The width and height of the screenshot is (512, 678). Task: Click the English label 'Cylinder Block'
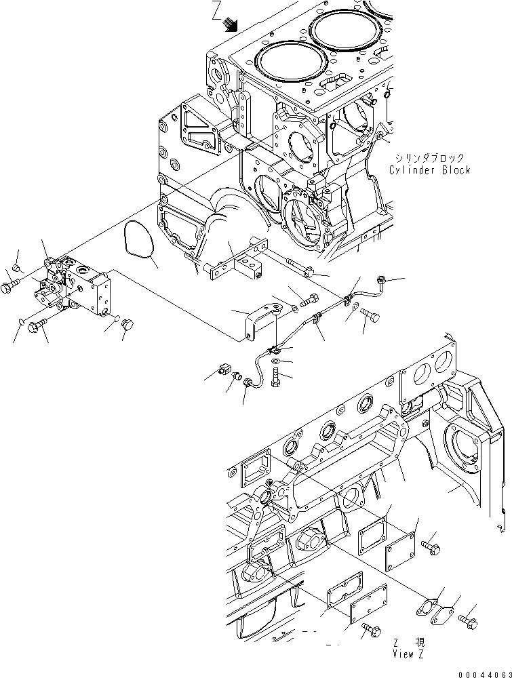pos(429,170)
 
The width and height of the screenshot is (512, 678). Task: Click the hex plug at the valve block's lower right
pos(125,329)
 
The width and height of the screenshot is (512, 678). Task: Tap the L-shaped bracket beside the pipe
pos(258,320)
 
